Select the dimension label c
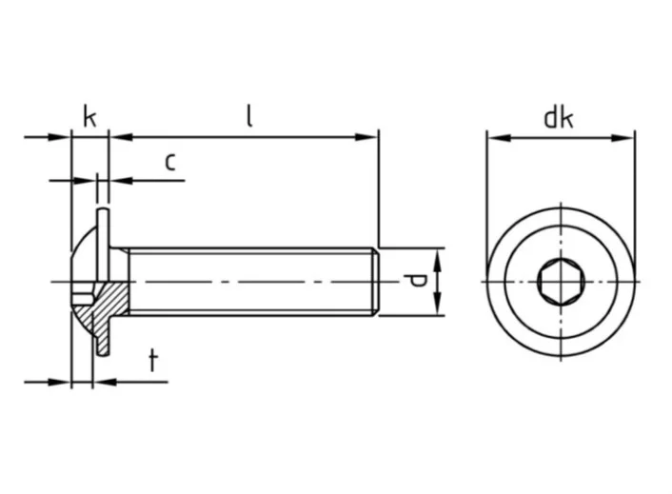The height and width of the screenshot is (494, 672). [x=169, y=161]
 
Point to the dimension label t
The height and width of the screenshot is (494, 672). [x=153, y=360]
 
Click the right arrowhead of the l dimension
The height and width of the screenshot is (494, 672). [x=370, y=138]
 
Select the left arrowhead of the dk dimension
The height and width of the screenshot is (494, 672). [x=496, y=138]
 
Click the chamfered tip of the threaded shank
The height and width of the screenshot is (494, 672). [x=377, y=282]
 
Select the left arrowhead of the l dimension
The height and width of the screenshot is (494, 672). [x=119, y=138]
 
